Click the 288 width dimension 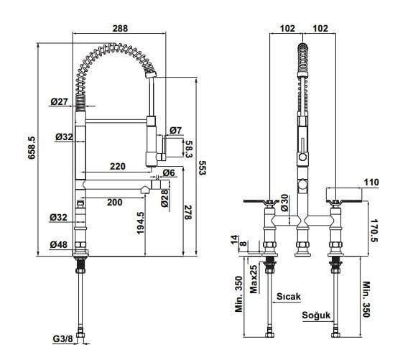120,28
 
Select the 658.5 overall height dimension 32,148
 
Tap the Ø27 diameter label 59,101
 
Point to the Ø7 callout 175,130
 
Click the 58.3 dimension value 188,149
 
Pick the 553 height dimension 202,167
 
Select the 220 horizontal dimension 117,167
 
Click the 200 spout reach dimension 115,202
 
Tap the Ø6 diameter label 169,173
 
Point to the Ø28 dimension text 164,198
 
